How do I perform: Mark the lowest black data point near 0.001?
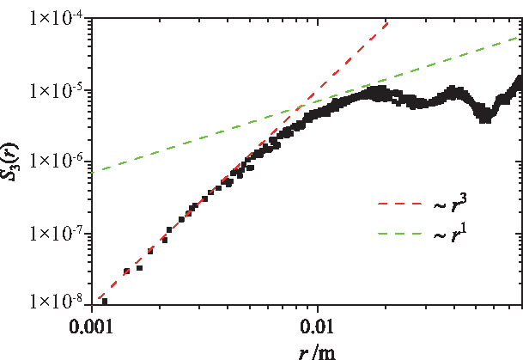pyautogui.click(x=105, y=301)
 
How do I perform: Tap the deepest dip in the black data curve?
pyautogui.click(x=485, y=115)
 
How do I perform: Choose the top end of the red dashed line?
pyautogui.click(x=389, y=18)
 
